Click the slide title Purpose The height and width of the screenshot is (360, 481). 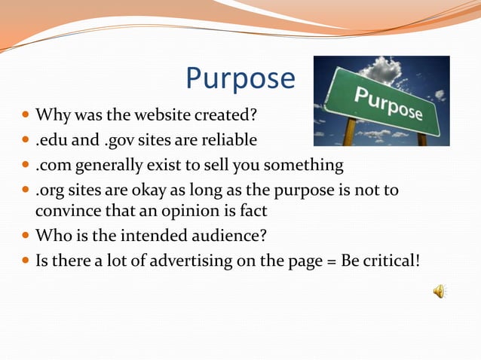click(x=240, y=79)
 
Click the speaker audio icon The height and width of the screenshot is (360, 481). click(x=440, y=291)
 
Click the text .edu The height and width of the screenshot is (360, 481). click(x=52, y=140)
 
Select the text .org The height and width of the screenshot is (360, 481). click(x=52, y=189)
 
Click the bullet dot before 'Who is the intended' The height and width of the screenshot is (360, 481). click(x=26, y=236)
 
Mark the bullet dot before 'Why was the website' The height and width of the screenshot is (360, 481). click(x=26, y=117)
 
